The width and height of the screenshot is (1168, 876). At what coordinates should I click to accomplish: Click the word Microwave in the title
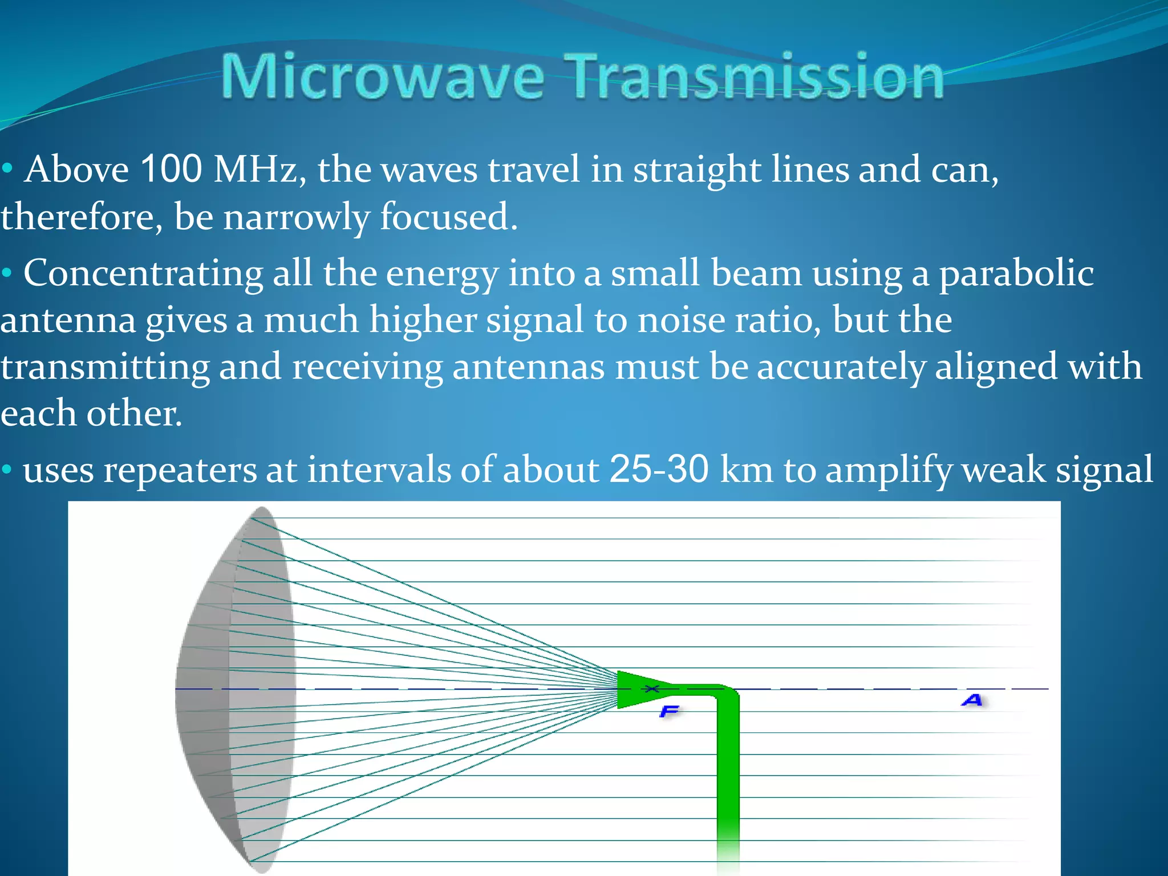click(x=382, y=77)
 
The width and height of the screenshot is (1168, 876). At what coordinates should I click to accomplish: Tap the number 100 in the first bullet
click(x=171, y=169)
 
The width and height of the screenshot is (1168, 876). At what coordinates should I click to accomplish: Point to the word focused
click(x=449, y=217)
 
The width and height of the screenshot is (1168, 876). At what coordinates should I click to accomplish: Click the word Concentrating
click(x=143, y=274)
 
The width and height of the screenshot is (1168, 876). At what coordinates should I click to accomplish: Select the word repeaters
click(x=180, y=471)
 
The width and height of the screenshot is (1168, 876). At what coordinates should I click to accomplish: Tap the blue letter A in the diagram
click(x=972, y=700)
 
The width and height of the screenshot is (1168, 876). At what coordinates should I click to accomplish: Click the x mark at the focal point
click(x=652, y=689)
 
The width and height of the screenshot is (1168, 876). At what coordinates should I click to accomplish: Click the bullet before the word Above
click(x=7, y=169)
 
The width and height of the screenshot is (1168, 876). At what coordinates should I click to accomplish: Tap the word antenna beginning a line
click(x=67, y=321)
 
